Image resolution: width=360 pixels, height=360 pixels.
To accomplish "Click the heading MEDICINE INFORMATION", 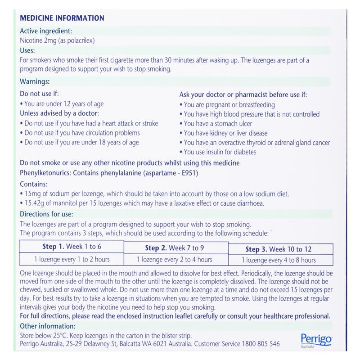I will click(63, 18).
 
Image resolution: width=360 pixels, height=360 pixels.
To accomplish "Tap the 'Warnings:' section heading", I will click(35, 82).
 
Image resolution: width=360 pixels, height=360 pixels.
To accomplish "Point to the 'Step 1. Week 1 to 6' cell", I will click(72, 247).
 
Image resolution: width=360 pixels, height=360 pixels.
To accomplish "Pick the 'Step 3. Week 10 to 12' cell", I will click(279, 249).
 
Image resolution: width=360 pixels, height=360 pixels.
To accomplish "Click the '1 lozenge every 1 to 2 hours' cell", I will click(72, 259).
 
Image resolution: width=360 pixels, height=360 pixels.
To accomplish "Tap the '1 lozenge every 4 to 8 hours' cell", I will click(279, 260).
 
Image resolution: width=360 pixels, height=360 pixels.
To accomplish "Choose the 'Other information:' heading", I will click(48, 326).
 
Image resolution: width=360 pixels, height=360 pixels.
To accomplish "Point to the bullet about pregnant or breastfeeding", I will click(234, 105).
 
